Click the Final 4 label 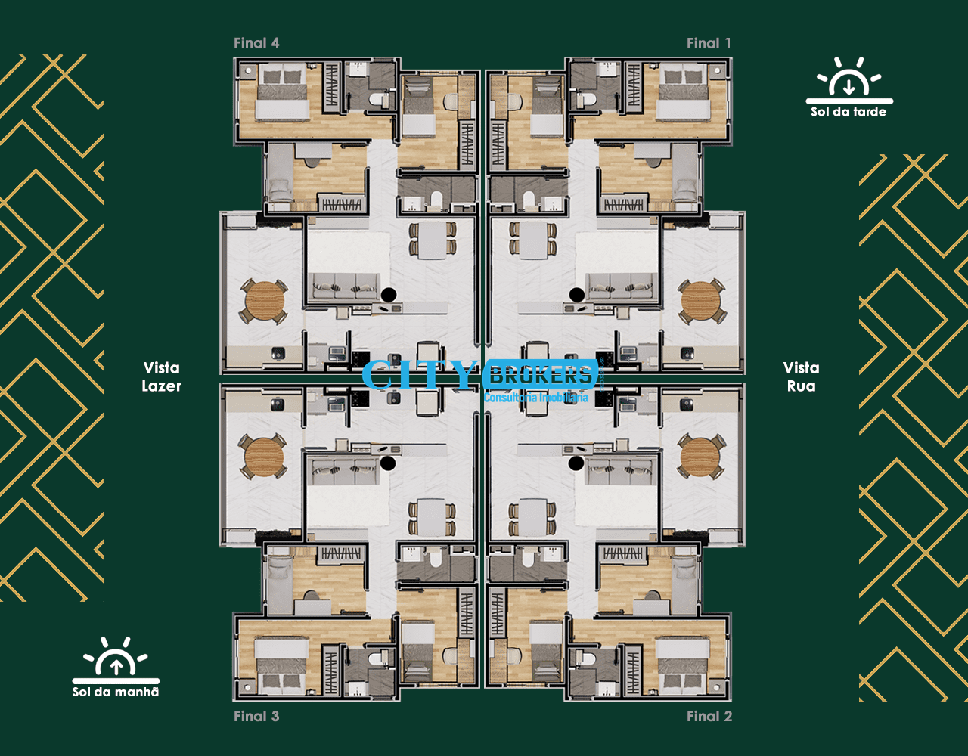(256, 43)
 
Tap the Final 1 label (709, 43)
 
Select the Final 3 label (256, 717)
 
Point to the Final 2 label (709, 717)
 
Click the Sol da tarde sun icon (849, 81)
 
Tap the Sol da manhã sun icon (116, 660)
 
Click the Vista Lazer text (161, 376)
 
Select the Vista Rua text (801, 376)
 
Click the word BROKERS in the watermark (540, 375)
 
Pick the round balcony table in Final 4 (264, 301)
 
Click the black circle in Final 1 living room (577, 294)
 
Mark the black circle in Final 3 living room (388, 463)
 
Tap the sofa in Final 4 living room (344, 287)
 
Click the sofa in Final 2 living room (621, 471)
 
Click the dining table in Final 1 (533, 240)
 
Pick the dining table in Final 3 (431, 517)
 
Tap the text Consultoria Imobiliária (536, 397)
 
